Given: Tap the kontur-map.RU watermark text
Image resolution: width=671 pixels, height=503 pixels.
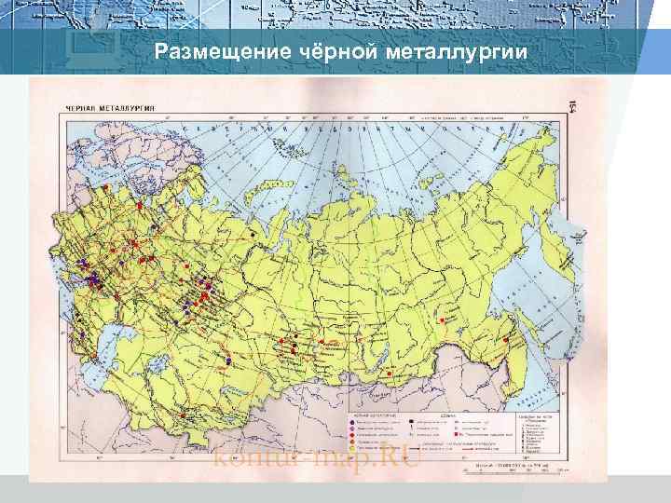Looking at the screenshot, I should click(318, 457).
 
